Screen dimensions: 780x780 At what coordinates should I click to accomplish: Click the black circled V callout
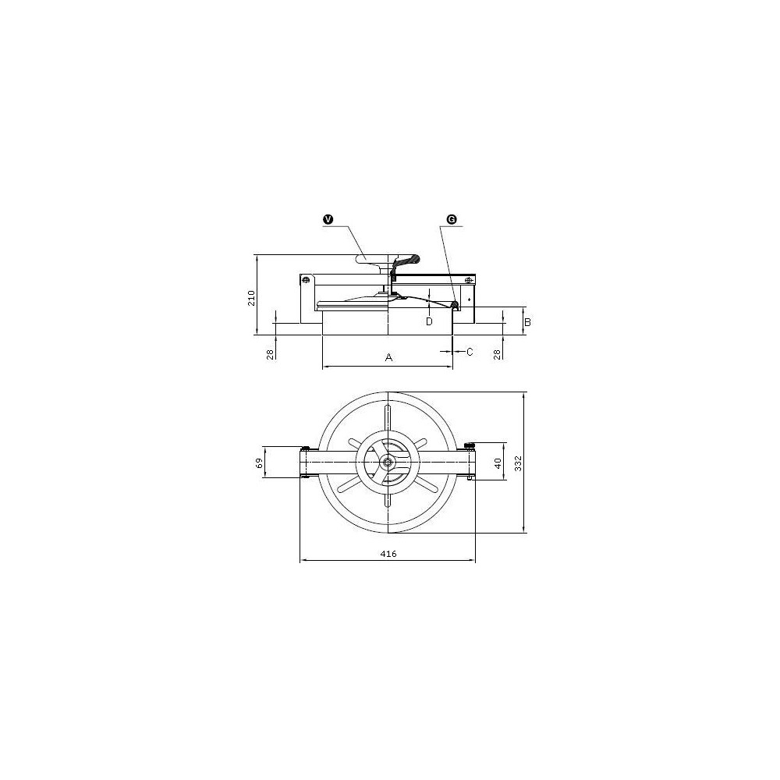(328, 219)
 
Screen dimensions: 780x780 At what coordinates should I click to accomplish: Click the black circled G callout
(452, 219)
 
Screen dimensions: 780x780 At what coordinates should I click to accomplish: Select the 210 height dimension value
(252, 299)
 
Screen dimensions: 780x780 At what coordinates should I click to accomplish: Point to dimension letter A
(389, 357)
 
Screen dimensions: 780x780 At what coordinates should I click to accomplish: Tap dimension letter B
(528, 322)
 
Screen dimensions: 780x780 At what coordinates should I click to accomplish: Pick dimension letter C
(470, 352)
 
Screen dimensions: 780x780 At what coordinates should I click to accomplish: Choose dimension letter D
(429, 322)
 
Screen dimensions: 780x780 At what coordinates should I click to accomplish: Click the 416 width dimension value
(388, 554)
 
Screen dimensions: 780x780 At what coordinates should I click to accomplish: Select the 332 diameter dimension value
(519, 463)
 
